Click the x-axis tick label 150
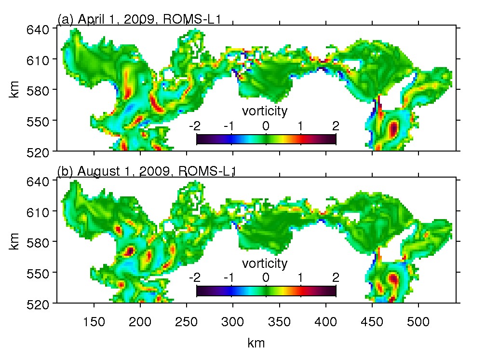coord(94,321)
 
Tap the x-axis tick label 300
coord(233,321)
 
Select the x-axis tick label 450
coord(372,321)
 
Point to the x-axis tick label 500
coord(418,321)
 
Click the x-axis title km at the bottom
coord(256,343)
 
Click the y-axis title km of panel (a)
coord(14,90)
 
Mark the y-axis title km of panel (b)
coord(14,242)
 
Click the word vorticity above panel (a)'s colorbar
coord(265,111)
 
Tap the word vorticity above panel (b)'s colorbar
coord(265,263)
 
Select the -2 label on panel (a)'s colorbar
coord(195,126)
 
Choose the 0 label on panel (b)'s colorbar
coord(266,278)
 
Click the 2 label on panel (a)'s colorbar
coord(336,126)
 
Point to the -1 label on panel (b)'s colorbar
coord(229,278)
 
